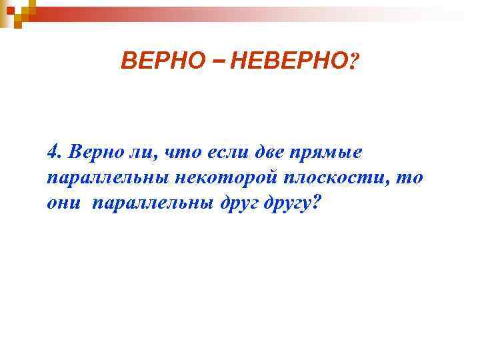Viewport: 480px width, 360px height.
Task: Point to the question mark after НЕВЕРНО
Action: pos(353,63)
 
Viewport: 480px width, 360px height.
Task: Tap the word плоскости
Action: pos(331,178)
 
